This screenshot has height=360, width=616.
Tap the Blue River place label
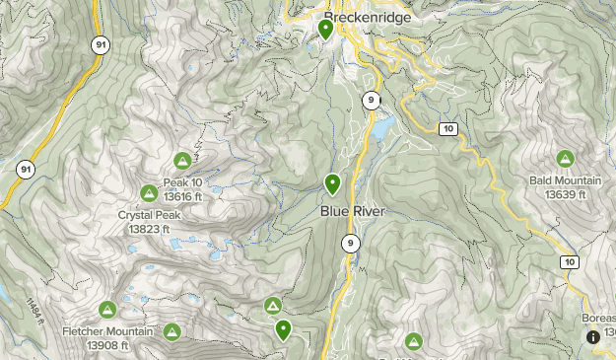[x=352, y=211]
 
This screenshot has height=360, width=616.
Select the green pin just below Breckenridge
[x=326, y=30]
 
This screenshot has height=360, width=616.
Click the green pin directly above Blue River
[x=333, y=183]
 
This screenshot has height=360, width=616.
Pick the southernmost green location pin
[x=284, y=330]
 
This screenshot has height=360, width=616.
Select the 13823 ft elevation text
[x=149, y=229]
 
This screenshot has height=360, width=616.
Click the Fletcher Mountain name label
[x=107, y=331]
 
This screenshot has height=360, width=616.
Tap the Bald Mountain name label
[x=566, y=180]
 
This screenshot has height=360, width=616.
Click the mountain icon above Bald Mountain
[x=565, y=159]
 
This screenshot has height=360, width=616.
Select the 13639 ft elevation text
[x=566, y=194]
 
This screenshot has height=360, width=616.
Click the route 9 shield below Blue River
[x=351, y=243]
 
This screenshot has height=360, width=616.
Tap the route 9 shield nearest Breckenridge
[x=371, y=99]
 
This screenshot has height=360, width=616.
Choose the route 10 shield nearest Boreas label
[x=570, y=261]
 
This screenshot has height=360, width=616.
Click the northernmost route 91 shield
[x=101, y=45]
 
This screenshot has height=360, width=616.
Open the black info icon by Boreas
[x=593, y=337]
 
